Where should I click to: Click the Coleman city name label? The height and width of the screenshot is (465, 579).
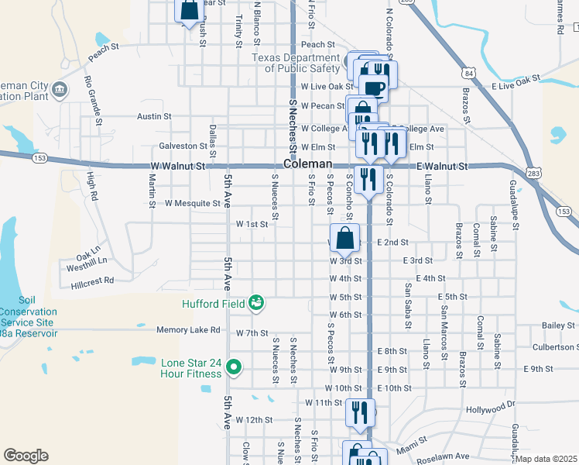[307, 165]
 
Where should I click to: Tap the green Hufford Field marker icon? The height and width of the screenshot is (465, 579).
[256, 303]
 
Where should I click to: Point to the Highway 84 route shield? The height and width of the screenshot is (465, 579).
[470, 73]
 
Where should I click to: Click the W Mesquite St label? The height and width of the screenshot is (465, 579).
[193, 203]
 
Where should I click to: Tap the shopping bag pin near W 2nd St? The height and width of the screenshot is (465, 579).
[345, 238]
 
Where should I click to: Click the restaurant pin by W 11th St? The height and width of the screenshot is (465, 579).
[360, 412]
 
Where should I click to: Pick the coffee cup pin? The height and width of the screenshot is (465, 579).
[376, 87]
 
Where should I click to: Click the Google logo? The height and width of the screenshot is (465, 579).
[25, 455]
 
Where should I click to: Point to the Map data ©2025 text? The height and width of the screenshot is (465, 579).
[546, 459]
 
